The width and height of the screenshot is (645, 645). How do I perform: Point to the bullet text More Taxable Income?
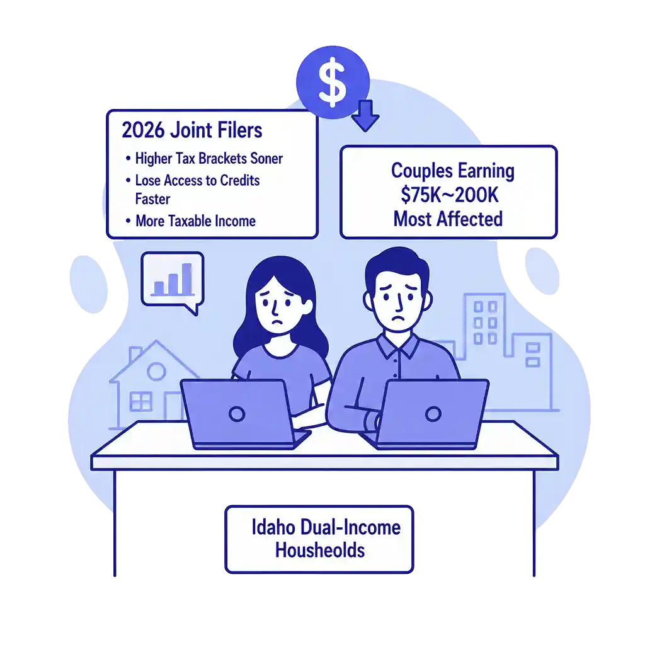coord(195,221)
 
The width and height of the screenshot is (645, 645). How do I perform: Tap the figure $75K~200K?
coord(449,195)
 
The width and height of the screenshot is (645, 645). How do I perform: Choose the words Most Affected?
coord(448,219)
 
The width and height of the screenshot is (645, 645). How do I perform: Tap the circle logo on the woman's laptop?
coord(237,414)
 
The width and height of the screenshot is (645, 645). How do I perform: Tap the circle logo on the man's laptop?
coord(433,413)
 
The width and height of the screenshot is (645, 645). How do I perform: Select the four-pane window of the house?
coord(139,401)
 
